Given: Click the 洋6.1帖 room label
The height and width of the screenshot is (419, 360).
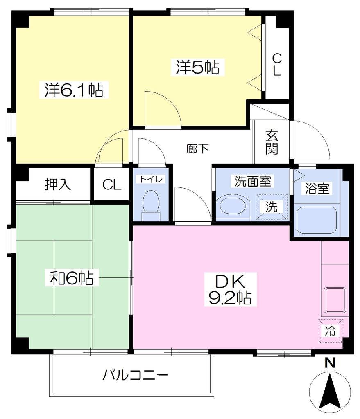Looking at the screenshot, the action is [x=74, y=90].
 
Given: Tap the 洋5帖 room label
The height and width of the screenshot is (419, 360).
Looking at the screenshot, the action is [x=198, y=67].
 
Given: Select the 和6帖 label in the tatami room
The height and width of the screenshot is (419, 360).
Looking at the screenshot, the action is [x=72, y=278].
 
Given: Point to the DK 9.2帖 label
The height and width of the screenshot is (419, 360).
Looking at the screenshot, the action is [x=230, y=289].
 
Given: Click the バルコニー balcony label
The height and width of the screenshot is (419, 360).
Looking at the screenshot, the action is [x=136, y=375].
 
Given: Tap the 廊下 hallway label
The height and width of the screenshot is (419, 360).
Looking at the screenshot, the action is [x=197, y=149].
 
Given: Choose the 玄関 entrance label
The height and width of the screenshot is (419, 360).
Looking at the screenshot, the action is [x=272, y=142].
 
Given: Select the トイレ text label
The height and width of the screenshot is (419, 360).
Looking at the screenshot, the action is [x=151, y=179].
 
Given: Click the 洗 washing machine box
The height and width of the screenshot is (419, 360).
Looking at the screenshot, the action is [x=271, y=207].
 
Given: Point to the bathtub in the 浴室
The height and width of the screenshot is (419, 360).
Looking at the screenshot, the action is [x=317, y=220].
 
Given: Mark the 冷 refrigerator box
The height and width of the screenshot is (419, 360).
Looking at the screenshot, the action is [x=331, y=331].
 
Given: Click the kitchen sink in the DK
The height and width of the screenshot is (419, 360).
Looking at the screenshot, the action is [x=335, y=300].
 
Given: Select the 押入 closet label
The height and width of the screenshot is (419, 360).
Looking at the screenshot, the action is [x=58, y=184].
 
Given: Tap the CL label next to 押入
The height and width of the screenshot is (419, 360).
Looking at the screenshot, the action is [x=112, y=185].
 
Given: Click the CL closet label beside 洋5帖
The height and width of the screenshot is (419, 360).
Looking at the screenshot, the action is [x=277, y=64].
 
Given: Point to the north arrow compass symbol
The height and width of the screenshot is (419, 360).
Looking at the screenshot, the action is [x=330, y=392].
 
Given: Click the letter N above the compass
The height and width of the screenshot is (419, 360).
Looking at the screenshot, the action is [x=330, y=363].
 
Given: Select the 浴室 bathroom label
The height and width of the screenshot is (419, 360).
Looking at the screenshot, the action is [x=317, y=188].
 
